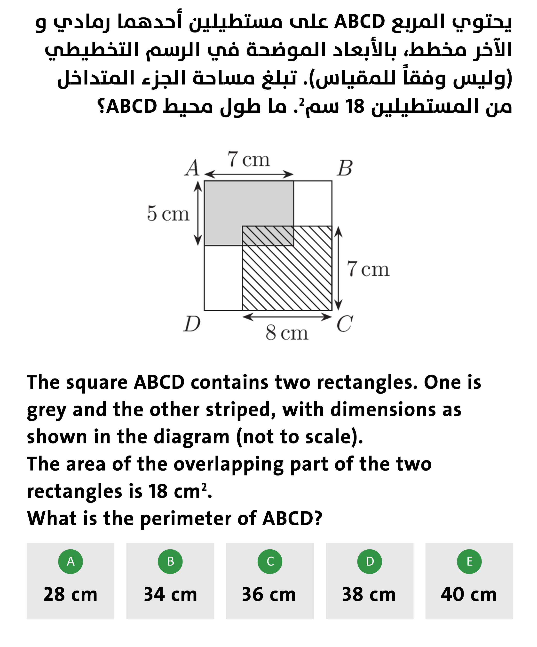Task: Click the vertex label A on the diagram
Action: (192, 168)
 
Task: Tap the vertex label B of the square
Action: (344, 168)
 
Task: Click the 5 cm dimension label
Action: (168, 213)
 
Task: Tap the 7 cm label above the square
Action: (248, 160)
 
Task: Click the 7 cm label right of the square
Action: (368, 269)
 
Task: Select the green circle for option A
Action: (71, 561)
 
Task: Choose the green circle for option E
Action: (469, 561)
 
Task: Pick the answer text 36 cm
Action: (269, 594)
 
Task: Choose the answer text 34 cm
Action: (170, 594)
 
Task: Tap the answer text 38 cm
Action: (369, 594)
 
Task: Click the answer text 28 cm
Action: (71, 594)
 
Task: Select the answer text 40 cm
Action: (469, 594)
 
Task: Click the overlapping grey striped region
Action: (268, 236)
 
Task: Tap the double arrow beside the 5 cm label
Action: (198, 213)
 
